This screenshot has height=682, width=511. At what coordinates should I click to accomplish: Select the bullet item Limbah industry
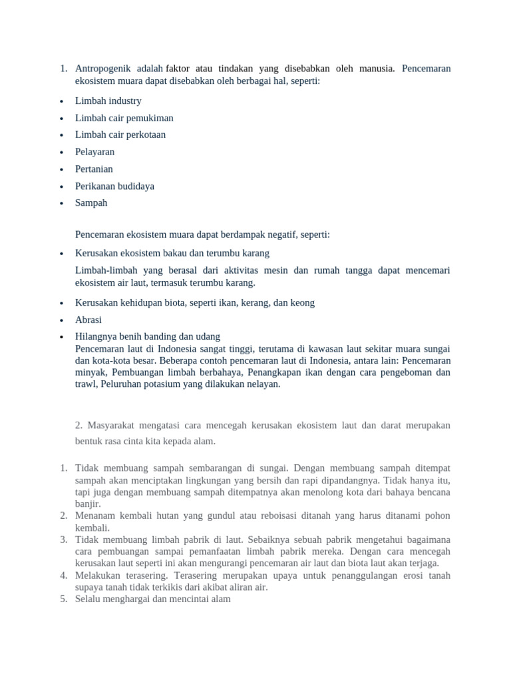point(108,101)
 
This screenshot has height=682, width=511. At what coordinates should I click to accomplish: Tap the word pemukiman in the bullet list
point(150,118)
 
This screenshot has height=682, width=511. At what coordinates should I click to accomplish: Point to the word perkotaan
point(143,135)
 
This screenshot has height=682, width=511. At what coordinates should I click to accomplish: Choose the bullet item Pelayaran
point(94,152)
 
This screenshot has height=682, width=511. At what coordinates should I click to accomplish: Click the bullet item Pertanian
point(94,169)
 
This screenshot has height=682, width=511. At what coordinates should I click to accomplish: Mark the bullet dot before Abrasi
point(61,320)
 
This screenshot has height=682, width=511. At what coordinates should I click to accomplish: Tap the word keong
point(302,303)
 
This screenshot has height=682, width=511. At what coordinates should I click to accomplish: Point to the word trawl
point(86,384)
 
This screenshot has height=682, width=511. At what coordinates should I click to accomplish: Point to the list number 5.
point(63,599)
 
